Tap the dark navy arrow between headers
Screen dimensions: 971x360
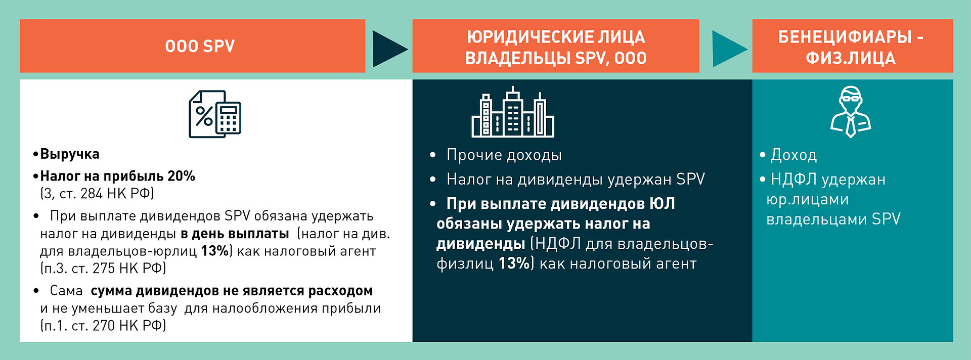tap(390, 49)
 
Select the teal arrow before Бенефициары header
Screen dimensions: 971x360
tap(730, 49)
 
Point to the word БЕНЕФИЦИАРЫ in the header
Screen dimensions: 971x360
tap(845, 37)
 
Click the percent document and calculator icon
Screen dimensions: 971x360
tap(215, 114)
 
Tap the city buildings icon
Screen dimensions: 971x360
tap(513, 112)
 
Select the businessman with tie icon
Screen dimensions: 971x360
tap(851, 112)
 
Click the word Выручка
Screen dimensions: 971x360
tap(70, 154)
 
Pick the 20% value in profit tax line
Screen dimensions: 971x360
tap(181, 176)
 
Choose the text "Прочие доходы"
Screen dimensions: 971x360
tap(504, 155)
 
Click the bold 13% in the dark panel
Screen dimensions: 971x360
tap(514, 263)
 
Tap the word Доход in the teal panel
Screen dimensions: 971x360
tap(793, 155)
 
